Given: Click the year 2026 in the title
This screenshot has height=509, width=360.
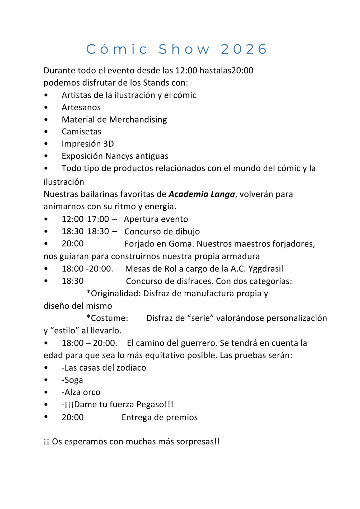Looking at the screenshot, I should pyautogui.click(x=244, y=49).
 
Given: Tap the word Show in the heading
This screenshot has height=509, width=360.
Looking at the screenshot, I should pyautogui.click(x=184, y=49).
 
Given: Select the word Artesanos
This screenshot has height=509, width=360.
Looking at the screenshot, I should pyautogui.click(x=81, y=108).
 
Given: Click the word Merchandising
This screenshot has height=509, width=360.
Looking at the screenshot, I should pyautogui.click(x=138, y=120).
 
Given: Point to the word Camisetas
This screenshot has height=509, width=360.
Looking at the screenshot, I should pyautogui.click(x=81, y=132).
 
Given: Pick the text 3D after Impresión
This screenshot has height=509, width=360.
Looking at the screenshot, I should pyautogui.click(x=109, y=144).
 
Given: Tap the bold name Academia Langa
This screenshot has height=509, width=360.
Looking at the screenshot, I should pyautogui.click(x=201, y=194).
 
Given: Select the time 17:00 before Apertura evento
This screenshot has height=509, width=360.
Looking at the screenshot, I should pyautogui.click(x=98, y=219).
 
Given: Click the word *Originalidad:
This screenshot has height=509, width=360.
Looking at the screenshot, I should pyautogui.click(x=113, y=293).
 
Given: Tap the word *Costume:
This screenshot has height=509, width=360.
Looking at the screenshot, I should pyautogui.click(x=107, y=318).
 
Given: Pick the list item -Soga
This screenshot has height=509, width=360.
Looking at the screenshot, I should pyautogui.click(x=72, y=380).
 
